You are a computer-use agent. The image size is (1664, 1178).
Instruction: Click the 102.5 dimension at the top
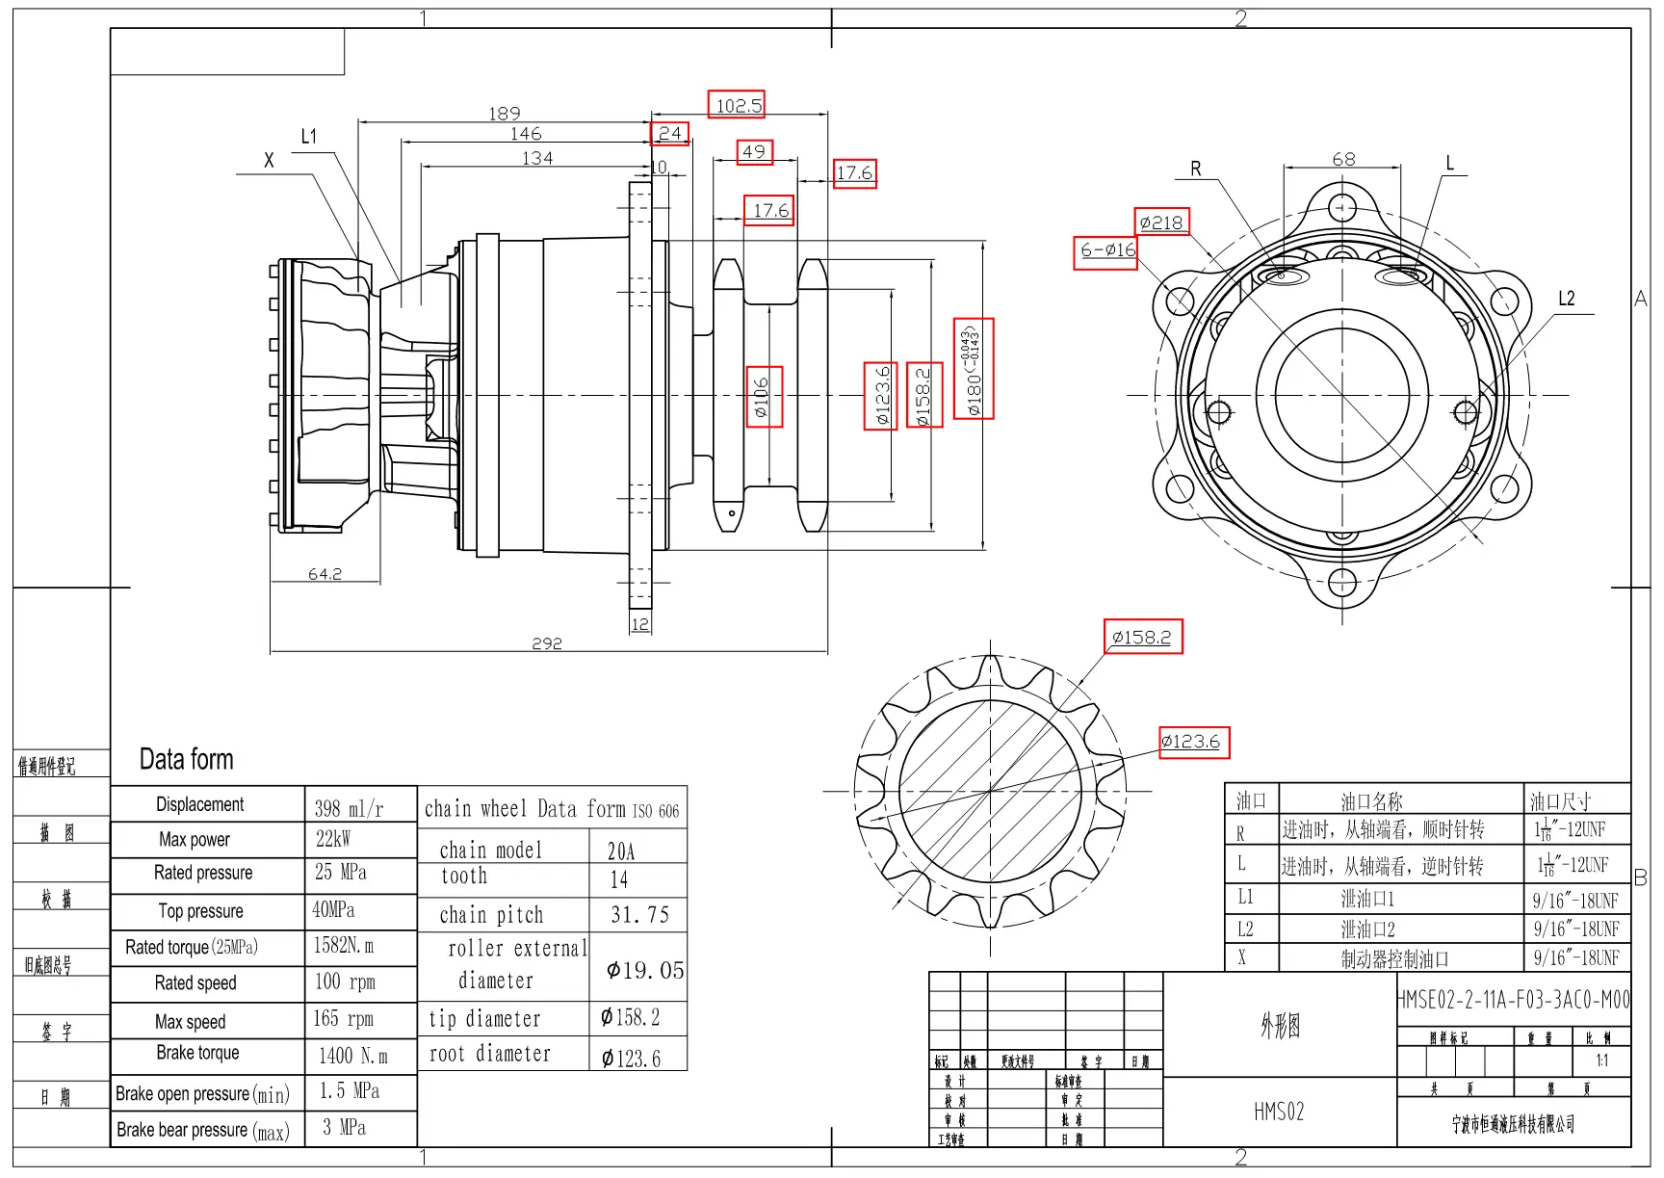pyautogui.click(x=738, y=105)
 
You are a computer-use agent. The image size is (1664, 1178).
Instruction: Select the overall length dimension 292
pyautogui.click(x=546, y=643)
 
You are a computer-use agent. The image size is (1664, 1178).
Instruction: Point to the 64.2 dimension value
pyautogui.click(x=325, y=574)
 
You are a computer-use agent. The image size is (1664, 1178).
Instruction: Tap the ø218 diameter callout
pyautogui.click(x=1161, y=223)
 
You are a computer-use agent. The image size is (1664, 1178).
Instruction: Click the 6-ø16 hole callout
pyautogui.click(x=1106, y=250)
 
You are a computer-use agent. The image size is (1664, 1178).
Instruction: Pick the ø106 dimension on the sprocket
pyautogui.click(x=763, y=396)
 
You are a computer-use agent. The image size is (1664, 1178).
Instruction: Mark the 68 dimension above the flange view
pyautogui.click(x=1343, y=159)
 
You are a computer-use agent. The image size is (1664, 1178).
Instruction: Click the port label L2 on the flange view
pyautogui.click(x=1567, y=299)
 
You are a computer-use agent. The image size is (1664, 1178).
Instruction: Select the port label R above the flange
pyautogui.click(x=1196, y=169)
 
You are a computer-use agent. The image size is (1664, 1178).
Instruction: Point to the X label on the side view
pyautogui.click(x=269, y=160)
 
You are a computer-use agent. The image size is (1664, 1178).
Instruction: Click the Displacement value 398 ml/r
pyautogui.click(x=349, y=809)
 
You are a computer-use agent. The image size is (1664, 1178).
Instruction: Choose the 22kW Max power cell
pyautogui.click(x=333, y=839)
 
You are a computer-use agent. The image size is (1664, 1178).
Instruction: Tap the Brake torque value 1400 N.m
pyautogui.click(x=352, y=1056)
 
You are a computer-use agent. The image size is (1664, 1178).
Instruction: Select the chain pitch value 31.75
pyautogui.click(x=639, y=914)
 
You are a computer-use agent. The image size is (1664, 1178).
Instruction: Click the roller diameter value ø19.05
pyautogui.click(x=644, y=970)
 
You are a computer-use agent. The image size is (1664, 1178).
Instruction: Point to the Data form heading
pyautogui.click(x=186, y=759)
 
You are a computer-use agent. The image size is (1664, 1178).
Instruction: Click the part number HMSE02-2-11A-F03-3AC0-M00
pyautogui.click(x=1514, y=1000)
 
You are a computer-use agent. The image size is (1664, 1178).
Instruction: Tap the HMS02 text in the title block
pyautogui.click(x=1279, y=1112)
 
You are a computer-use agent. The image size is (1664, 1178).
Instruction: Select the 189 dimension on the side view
pyautogui.click(x=504, y=114)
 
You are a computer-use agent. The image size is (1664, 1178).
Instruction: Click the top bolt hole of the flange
pyautogui.click(x=1342, y=208)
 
